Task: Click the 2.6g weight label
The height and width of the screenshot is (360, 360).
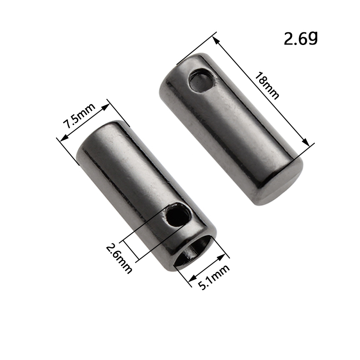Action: coord(301,38)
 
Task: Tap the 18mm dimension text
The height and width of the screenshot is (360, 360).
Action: coord(267,85)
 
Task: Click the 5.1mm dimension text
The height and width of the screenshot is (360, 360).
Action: coord(213,277)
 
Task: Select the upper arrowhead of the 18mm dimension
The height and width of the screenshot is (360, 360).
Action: coord(216,41)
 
